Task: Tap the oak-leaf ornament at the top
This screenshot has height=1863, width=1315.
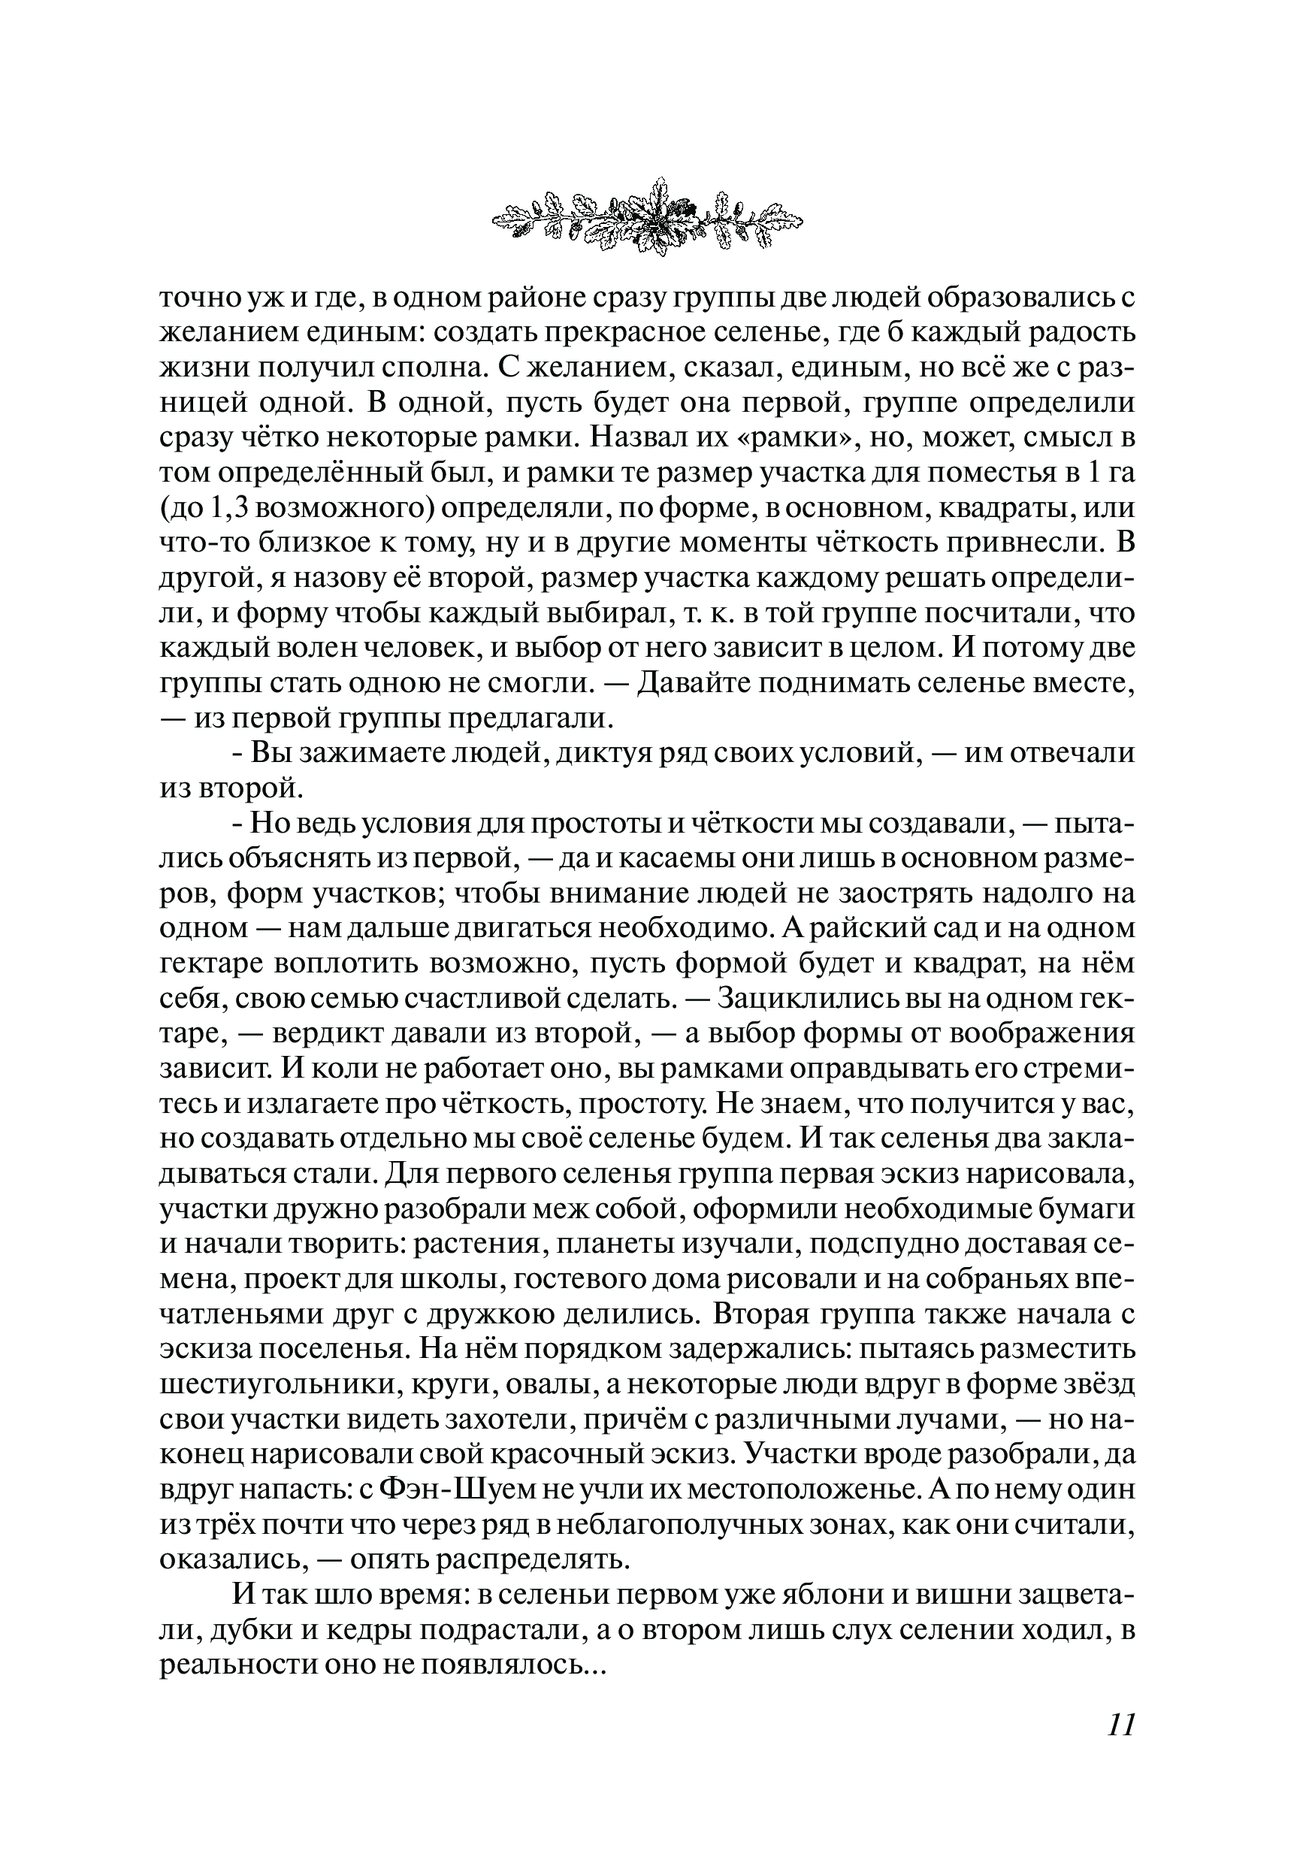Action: pyautogui.click(x=648, y=216)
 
